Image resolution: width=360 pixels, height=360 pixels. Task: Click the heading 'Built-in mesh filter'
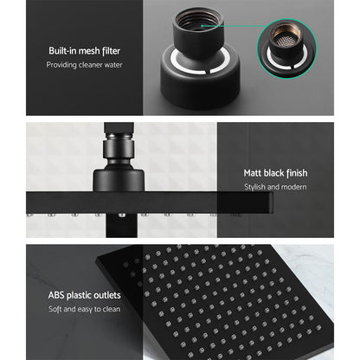pyautogui.click(x=84, y=50)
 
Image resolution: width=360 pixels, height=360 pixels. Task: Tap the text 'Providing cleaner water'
pyautogui.click(x=84, y=66)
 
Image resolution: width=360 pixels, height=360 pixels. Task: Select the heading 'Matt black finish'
pyautogui.click(x=274, y=173)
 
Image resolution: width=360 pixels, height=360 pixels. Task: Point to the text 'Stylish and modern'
pyautogui.click(x=274, y=188)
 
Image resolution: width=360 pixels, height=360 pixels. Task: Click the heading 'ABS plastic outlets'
pyautogui.click(x=84, y=295)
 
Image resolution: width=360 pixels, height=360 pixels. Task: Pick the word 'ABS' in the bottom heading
pyautogui.click(x=55, y=295)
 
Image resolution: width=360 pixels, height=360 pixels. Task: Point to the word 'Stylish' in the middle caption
pyautogui.click(x=255, y=188)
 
